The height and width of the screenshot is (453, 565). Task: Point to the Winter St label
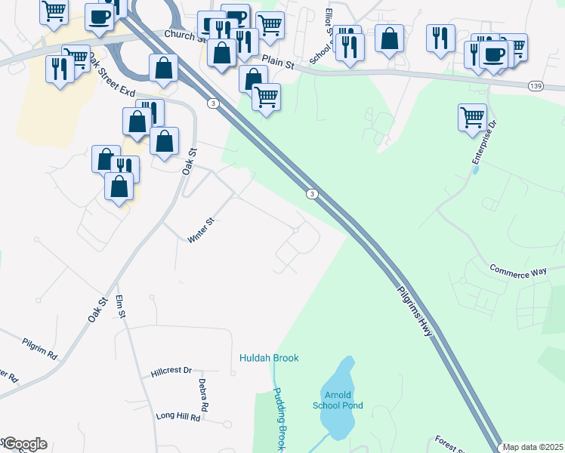point(202,230)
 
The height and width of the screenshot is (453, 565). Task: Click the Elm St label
point(122,308)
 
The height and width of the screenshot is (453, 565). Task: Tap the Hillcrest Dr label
point(171,371)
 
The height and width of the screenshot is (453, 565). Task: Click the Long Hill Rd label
point(178,417)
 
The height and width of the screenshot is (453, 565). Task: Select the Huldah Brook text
point(270,358)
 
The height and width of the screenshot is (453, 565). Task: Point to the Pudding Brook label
point(279,419)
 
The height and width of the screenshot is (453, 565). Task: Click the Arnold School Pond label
point(338,400)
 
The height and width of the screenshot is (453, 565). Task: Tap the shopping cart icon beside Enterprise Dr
point(472,117)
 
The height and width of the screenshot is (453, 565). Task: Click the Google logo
point(24,444)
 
